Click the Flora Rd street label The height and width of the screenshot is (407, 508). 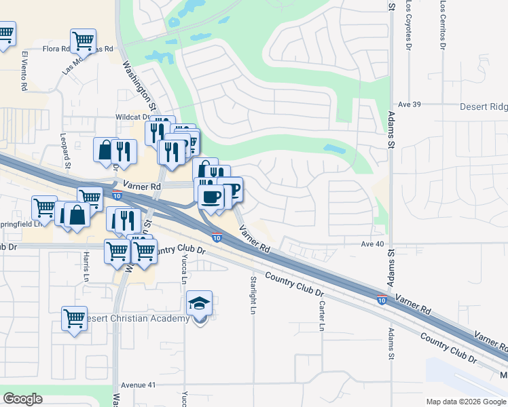56,49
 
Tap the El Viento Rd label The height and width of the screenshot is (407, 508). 24,70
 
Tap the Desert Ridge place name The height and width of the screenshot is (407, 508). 483,106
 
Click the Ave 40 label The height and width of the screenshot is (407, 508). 373,244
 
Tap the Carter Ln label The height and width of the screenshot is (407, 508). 321,316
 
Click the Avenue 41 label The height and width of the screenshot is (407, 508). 139,385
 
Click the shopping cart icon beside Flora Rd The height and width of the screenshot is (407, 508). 83,40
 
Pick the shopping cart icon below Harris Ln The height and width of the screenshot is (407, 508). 74,317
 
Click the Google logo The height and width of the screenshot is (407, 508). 22,399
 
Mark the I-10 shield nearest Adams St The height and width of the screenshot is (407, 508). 382,298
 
